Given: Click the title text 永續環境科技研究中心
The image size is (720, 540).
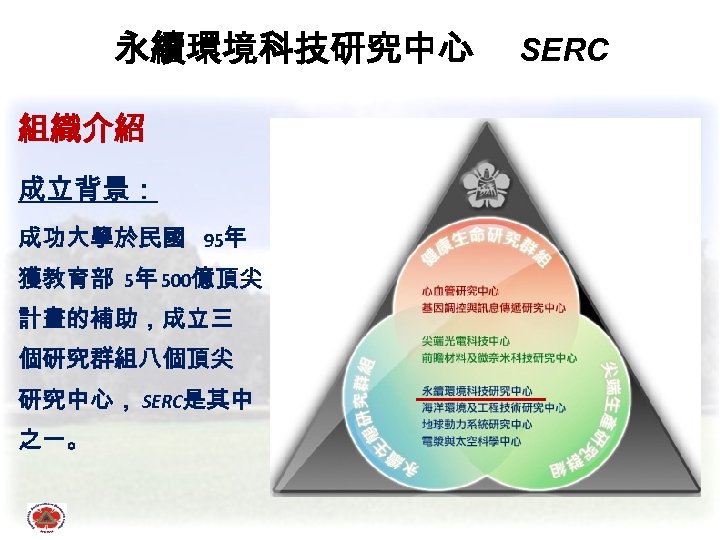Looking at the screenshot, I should [293, 48].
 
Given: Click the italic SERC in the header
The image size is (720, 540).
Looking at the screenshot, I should [565, 49].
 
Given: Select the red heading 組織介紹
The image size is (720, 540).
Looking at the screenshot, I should [82, 128].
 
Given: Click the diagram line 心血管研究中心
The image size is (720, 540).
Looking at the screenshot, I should [461, 291].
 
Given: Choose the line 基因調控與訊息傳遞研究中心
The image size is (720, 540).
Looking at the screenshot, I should [493, 307].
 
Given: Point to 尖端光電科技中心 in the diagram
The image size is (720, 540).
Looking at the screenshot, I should [466, 341].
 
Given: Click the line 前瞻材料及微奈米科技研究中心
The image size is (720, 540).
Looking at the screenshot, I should [498, 357].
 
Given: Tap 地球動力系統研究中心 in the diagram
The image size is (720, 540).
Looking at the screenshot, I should [476, 424].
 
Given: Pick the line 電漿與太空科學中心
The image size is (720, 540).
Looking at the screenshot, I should [471, 440].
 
